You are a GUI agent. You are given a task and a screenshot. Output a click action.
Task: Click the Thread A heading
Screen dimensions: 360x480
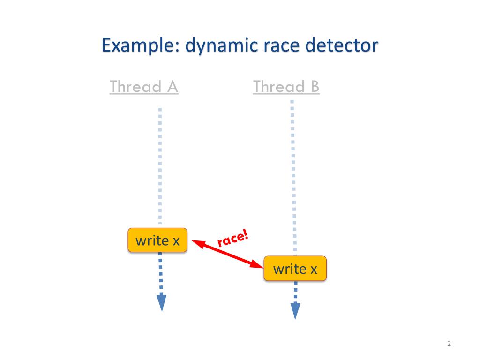click(144, 87)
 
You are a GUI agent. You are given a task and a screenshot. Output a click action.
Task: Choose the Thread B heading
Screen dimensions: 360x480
click(286, 87)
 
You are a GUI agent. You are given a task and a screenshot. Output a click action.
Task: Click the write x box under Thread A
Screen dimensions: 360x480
click(157, 240)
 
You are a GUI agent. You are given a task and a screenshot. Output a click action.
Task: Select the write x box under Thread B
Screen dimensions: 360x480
click(295, 269)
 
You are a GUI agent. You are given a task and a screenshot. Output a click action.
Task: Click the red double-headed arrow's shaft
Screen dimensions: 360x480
click(227, 255)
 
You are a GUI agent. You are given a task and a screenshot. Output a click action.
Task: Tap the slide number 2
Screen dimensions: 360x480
click(449, 344)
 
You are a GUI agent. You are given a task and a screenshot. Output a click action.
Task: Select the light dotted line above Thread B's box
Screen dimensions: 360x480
click(292, 178)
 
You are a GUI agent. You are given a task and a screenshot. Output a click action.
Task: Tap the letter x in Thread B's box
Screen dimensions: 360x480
click(314, 269)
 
